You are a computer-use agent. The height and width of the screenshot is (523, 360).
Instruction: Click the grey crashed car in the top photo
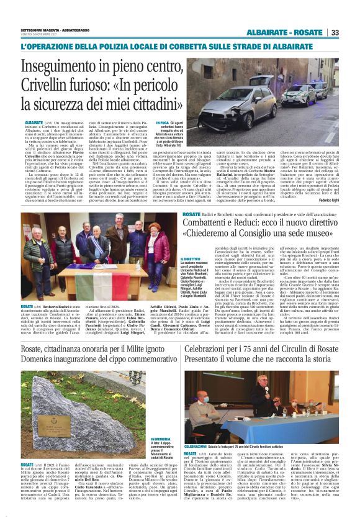tap(242, 99)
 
